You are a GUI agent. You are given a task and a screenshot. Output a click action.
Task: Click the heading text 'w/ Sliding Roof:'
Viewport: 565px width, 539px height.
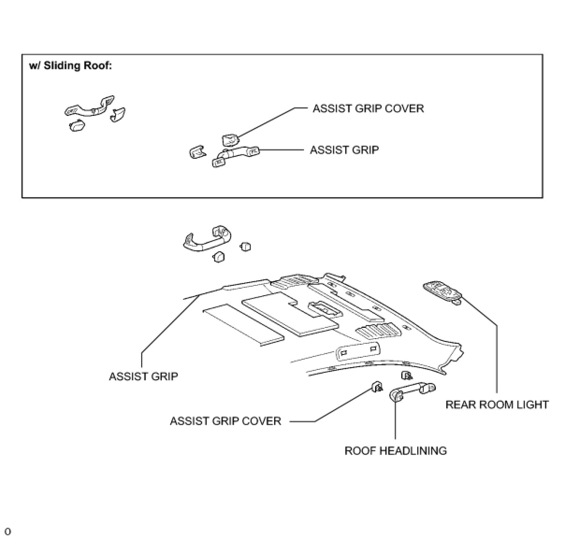(x=70, y=66)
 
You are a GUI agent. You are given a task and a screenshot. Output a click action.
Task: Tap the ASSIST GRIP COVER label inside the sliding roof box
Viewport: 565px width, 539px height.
(x=368, y=109)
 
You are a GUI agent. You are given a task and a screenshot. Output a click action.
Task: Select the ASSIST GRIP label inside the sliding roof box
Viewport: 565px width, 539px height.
(x=344, y=150)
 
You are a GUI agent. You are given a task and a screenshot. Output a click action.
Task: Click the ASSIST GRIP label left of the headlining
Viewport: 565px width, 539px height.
(x=143, y=376)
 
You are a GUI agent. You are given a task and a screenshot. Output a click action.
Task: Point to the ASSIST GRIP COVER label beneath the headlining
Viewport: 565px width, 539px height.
(x=225, y=421)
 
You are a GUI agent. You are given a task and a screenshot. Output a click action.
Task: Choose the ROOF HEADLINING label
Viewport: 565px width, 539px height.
(x=395, y=451)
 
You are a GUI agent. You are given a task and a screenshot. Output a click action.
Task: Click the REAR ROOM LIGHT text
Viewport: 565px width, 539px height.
(x=497, y=405)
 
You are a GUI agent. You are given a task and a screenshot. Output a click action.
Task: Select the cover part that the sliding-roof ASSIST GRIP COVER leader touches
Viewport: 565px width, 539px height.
(x=230, y=139)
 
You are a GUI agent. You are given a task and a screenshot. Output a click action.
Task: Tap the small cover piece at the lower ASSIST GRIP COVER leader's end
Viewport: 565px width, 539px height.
(x=377, y=386)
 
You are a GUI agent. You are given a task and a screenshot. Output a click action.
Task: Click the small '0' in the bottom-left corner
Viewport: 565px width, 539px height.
(x=8, y=532)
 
